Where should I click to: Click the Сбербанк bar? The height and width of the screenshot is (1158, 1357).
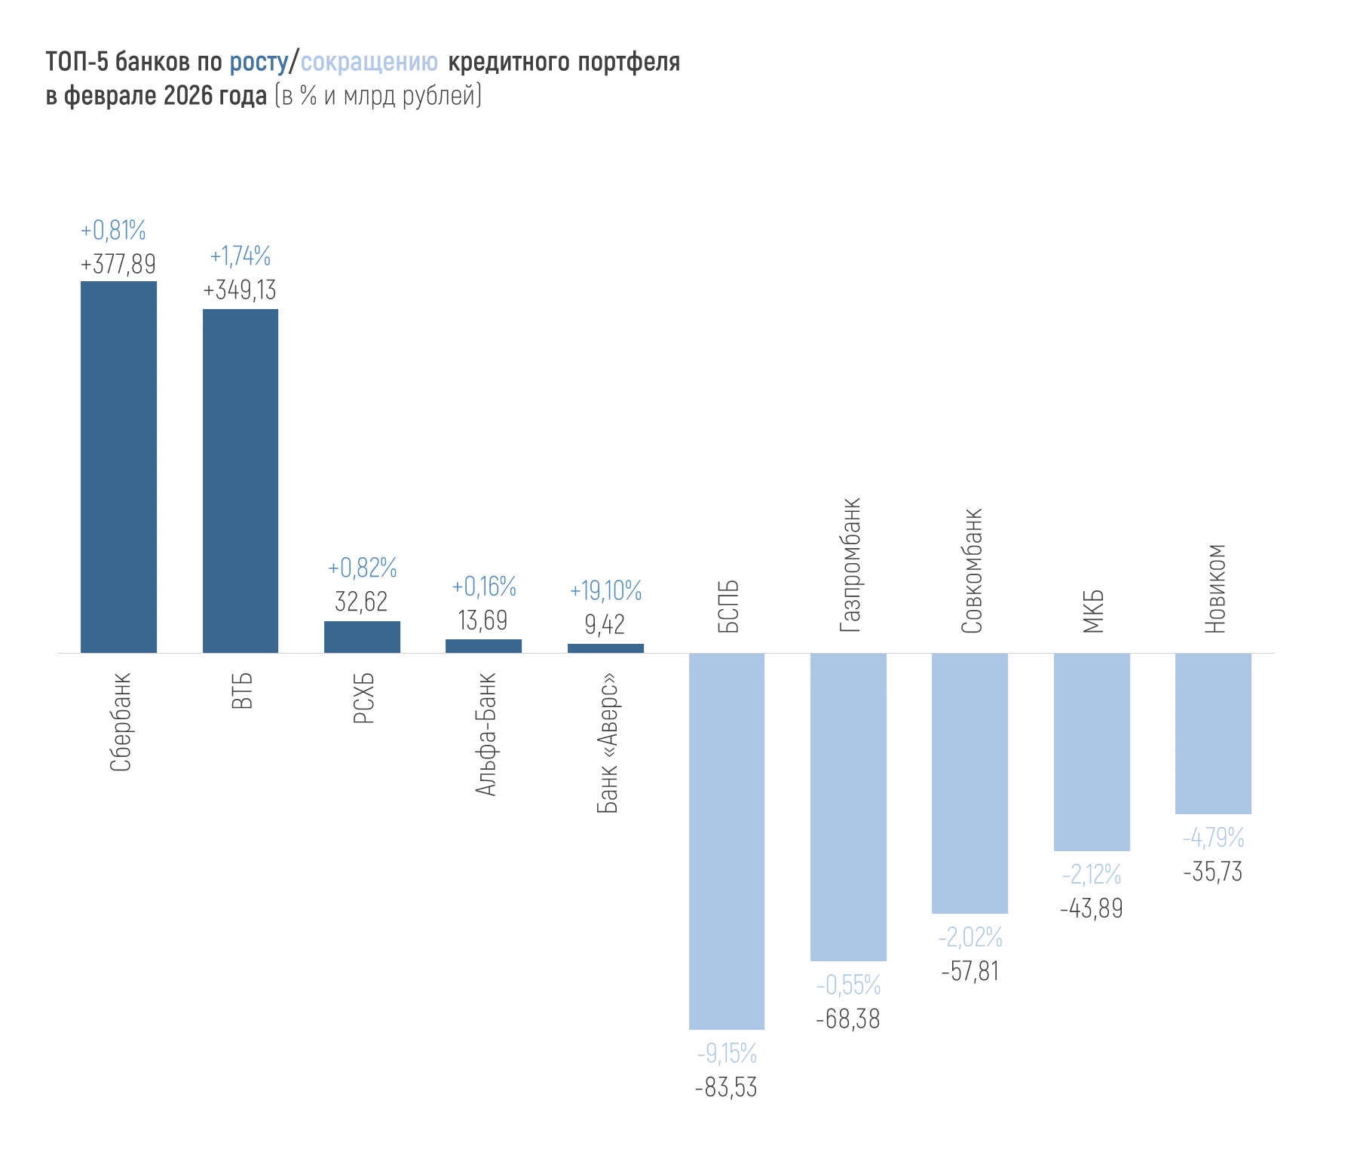[x=118, y=467]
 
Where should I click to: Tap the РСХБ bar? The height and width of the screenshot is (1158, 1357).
[x=362, y=637]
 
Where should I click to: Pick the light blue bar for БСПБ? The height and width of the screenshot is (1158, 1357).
[x=727, y=841]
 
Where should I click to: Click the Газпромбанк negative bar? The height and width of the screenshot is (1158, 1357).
[x=848, y=807]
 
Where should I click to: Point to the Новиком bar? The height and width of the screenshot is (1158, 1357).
[x=1213, y=734]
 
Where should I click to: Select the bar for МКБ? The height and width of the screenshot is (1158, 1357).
[x=1092, y=752]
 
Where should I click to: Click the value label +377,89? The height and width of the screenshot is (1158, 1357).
[x=118, y=264]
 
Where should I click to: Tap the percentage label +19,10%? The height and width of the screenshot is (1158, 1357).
[x=605, y=591]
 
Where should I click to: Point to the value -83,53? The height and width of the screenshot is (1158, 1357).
[x=726, y=1088]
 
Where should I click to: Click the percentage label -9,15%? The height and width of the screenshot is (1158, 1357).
[x=727, y=1052]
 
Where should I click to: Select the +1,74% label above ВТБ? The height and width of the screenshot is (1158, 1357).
[x=240, y=256]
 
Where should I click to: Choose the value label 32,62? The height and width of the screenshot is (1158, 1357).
[x=362, y=602]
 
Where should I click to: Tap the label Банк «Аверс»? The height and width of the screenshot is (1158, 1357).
[x=608, y=743]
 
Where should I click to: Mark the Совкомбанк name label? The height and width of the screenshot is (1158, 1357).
[x=972, y=571]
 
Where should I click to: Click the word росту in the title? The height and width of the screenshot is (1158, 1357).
[x=259, y=62]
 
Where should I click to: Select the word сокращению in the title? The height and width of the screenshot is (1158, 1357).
[x=369, y=62]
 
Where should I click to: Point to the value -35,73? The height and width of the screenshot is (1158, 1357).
[x=1213, y=872]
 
